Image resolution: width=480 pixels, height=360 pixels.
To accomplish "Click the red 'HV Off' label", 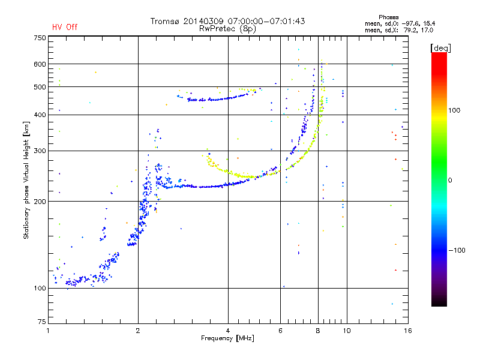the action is [x=65, y=27].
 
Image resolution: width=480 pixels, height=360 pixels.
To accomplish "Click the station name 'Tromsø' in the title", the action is [x=164, y=21].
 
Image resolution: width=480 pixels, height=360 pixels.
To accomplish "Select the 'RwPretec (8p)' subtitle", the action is [x=227, y=29].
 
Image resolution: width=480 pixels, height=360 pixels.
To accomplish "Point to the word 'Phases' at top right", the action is [x=388, y=17].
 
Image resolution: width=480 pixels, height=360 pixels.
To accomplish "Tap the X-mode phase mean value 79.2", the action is [x=410, y=30].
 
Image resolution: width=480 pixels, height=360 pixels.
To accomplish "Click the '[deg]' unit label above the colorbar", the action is [x=440, y=48].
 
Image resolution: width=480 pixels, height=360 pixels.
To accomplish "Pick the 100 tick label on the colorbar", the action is [x=454, y=110].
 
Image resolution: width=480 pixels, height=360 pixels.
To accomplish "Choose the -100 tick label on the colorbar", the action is [x=457, y=250].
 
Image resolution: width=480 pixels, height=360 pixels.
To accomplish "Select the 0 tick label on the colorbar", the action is [x=450, y=181].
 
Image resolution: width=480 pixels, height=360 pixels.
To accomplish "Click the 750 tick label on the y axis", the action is [x=40, y=38].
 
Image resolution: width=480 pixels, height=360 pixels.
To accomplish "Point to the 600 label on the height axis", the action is [x=40, y=64].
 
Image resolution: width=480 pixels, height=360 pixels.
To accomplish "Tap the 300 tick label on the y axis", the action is [x=40, y=151].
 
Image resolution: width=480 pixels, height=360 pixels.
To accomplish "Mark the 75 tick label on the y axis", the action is [x=42, y=322].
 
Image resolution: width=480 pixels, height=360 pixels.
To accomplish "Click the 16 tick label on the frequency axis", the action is [x=408, y=331].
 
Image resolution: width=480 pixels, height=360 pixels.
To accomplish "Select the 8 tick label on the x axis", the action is [x=318, y=331].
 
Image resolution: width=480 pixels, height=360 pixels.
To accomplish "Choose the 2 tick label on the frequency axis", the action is [x=138, y=331].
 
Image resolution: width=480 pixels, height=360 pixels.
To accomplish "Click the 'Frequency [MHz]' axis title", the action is [x=227, y=338].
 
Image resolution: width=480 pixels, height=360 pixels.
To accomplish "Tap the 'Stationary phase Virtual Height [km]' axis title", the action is [x=26, y=180].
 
